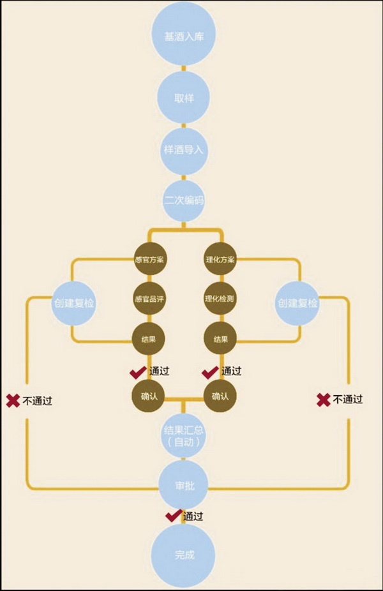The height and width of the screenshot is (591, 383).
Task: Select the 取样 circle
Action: point(183,98)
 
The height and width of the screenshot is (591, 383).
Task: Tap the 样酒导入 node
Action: point(183,150)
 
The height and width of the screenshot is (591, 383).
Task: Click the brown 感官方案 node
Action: point(148,260)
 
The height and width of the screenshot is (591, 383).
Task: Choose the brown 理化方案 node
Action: point(220,260)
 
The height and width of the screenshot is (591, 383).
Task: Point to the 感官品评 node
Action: point(148,298)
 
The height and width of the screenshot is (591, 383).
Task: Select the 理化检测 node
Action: point(220,298)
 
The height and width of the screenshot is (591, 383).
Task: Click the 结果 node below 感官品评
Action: point(148,339)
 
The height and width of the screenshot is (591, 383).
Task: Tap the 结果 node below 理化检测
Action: point(220,339)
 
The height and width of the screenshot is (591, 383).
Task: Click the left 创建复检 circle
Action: point(73,303)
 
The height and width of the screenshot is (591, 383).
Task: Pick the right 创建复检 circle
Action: point(297,303)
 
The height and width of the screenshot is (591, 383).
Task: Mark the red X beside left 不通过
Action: point(13,401)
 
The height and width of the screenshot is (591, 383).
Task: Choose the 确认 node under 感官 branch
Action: point(148,396)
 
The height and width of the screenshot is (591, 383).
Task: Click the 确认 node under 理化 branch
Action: point(220,396)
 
